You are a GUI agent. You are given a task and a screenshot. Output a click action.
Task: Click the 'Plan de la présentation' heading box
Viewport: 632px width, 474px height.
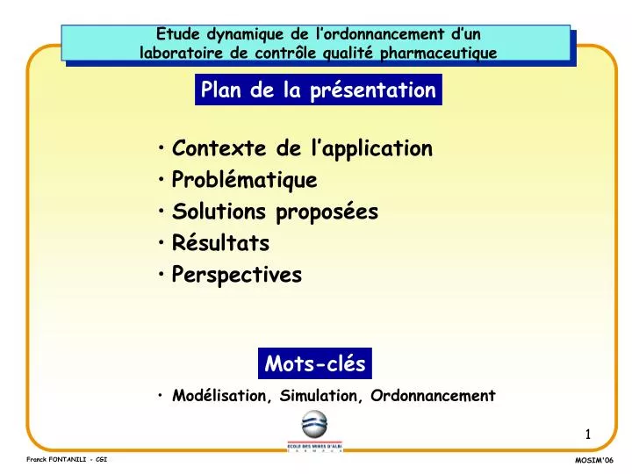point(318,90)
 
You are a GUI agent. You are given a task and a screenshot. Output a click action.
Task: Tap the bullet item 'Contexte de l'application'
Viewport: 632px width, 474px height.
point(302,148)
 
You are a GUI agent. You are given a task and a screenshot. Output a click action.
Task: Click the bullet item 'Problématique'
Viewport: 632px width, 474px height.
point(244,180)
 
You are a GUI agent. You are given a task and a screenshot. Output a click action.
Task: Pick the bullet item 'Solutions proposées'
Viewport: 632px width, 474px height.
point(275,212)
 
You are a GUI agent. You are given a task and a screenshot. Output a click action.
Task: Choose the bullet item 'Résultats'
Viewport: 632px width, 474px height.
point(220,243)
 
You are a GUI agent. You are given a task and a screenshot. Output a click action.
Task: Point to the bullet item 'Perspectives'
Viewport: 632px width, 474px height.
point(237,275)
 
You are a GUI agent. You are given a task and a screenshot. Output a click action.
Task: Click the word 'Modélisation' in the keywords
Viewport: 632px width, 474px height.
point(221,396)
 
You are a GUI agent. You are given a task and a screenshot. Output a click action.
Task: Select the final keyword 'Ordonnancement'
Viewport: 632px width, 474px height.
point(433,396)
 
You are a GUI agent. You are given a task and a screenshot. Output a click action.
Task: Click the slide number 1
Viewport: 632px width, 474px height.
point(588,434)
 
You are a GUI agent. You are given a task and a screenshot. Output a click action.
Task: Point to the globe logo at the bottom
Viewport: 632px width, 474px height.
point(314,426)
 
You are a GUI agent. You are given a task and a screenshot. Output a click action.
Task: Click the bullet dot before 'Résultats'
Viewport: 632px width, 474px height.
point(163,242)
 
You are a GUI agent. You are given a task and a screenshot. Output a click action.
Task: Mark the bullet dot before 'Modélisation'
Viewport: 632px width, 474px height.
point(163,396)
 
